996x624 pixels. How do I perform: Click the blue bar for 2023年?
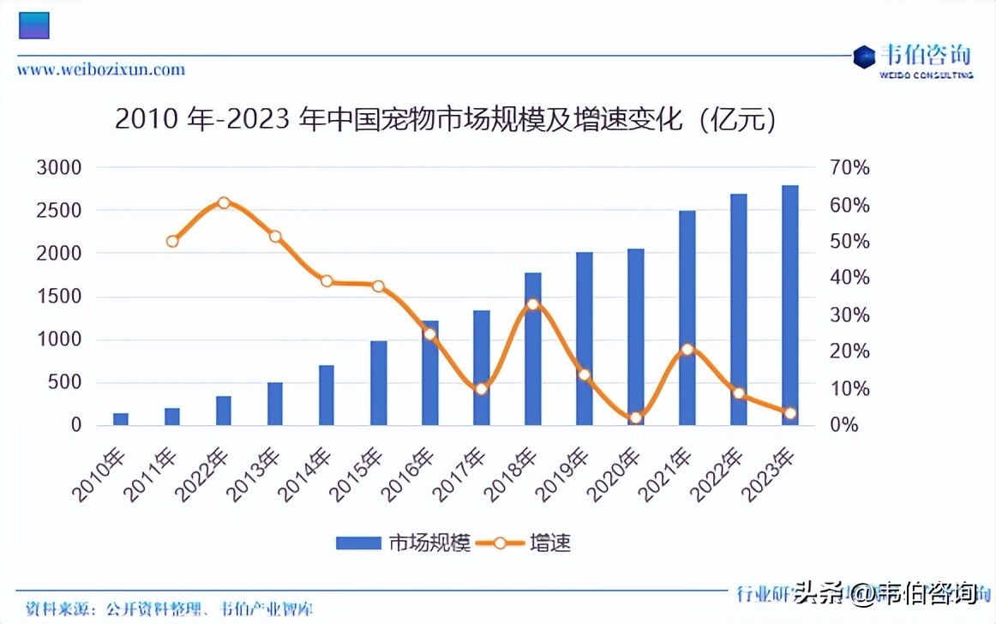coord(789,305)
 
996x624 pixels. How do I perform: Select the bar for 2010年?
coord(121,419)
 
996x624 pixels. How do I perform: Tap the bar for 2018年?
coord(532,349)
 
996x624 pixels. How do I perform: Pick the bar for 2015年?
coord(378,383)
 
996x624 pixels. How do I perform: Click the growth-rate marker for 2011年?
coord(172,241)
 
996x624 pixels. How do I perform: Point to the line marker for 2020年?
coord(635,418)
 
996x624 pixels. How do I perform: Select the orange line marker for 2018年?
coord(532,304)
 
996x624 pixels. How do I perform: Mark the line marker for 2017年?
coord(481,388)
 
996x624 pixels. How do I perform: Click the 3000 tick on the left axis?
coord(59,167)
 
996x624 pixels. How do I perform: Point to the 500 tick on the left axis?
coord(65,382)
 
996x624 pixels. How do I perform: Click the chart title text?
coord(446,120)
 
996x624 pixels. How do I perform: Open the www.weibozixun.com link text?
coord(101,69)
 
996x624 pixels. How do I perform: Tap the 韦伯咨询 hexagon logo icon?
coord(864,57)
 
